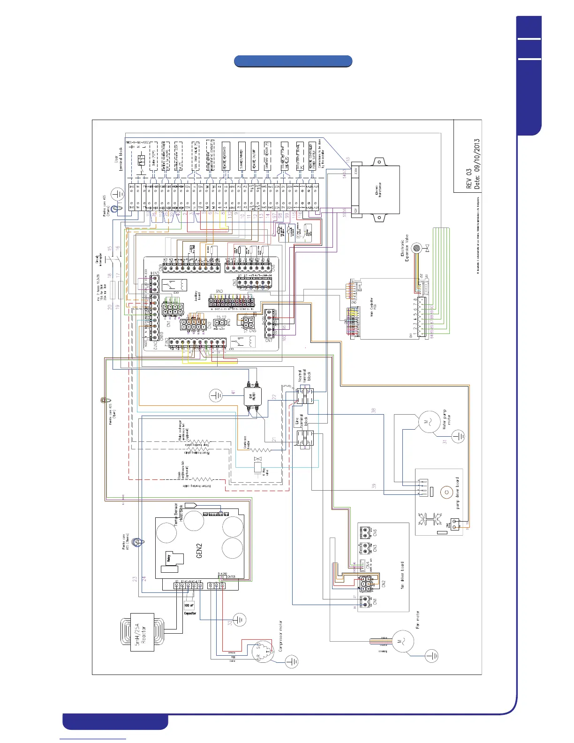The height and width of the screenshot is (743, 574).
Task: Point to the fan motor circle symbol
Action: click(x=402, y=641)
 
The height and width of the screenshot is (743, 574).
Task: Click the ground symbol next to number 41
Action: click(x=216, y=395)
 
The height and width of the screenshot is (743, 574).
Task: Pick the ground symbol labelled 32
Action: click(x=239, y=620)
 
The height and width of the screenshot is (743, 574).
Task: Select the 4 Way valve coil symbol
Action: click(x=257, y=466)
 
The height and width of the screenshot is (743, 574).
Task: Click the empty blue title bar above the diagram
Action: click(x=293, y=61)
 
